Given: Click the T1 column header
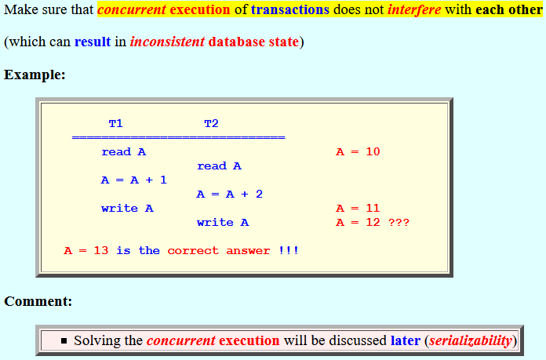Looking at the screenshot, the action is (x=115, y=124).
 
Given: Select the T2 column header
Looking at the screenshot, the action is (x=211, y=124).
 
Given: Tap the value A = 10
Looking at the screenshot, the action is (x=358, y=152).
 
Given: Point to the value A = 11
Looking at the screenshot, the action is (x=358, y=208).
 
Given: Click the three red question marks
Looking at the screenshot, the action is (x=399, y=223).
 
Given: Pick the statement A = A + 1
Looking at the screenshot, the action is (x=134, y=180).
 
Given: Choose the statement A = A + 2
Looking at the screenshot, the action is (x=230, y=195).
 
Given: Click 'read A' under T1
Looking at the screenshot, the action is (x=124, y=152).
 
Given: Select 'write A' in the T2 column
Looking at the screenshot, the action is (x=223, y=223).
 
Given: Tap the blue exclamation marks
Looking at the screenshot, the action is (x=289, y=251).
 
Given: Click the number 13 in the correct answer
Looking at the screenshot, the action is (x=101, y=251).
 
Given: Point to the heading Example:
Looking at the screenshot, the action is (x=35, y=75).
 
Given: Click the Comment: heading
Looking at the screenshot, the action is (x=38, y=301).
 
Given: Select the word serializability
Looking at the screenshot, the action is (x=471, y=340).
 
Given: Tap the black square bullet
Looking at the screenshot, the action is (x=64, y=340).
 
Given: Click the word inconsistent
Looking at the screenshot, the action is (x=167, y=42).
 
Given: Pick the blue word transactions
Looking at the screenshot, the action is (x=290, y=9).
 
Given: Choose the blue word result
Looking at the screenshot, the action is (x=93, y=42).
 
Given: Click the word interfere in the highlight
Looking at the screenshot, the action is (x=414, y=9).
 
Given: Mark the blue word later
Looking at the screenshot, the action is (x=406, y=340).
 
